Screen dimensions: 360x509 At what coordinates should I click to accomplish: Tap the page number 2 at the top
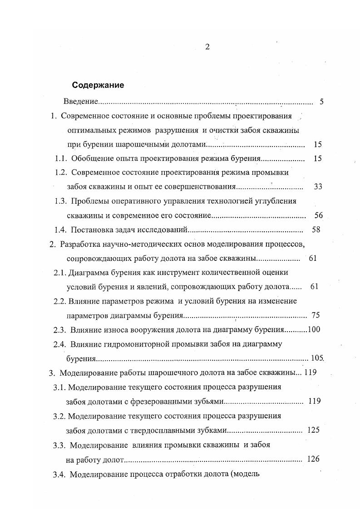[207, 47]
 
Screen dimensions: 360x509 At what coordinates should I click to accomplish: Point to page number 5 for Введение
[321, 102]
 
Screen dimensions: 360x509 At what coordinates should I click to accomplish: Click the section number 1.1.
[61, 158]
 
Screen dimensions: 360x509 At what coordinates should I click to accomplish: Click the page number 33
[317, 186]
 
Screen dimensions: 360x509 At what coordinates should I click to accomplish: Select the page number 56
[318, 215]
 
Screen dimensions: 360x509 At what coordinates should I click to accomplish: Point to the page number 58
[316, 230]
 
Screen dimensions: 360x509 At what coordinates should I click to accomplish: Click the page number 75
[316, 315]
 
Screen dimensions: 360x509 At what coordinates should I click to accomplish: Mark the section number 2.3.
[60, 329]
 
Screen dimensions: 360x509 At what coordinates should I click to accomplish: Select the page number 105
[316, 358]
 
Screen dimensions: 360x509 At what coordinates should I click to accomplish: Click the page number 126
[313, 459]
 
